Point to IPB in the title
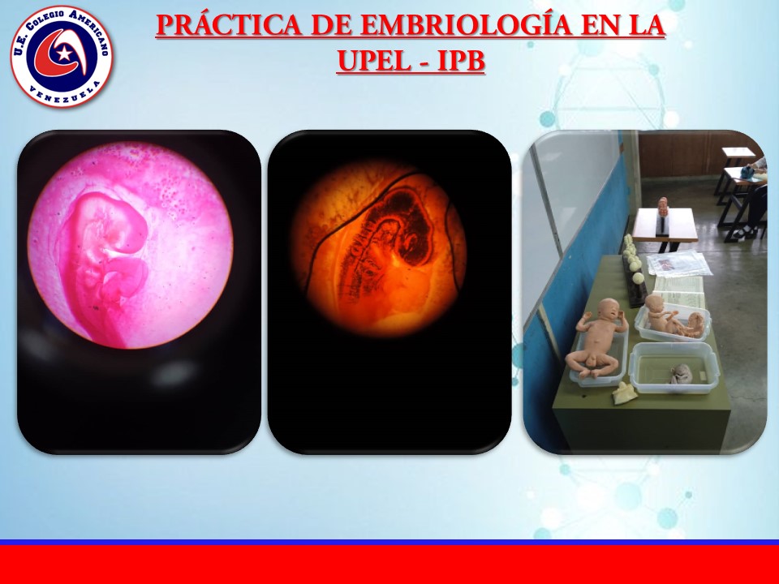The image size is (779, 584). pyautogui.click(x=461, y=61)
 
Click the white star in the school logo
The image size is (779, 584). pyautogui.click(x=63, y=53)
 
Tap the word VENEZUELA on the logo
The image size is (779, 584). pyautogui.click(x=63, y=95)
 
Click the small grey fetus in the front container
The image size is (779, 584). pyautogui.click(x=682, y=373)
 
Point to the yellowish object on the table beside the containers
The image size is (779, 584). pyautogui.click(x=624, y=393)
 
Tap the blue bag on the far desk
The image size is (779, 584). pyautogui.click(x=747, y=171)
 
